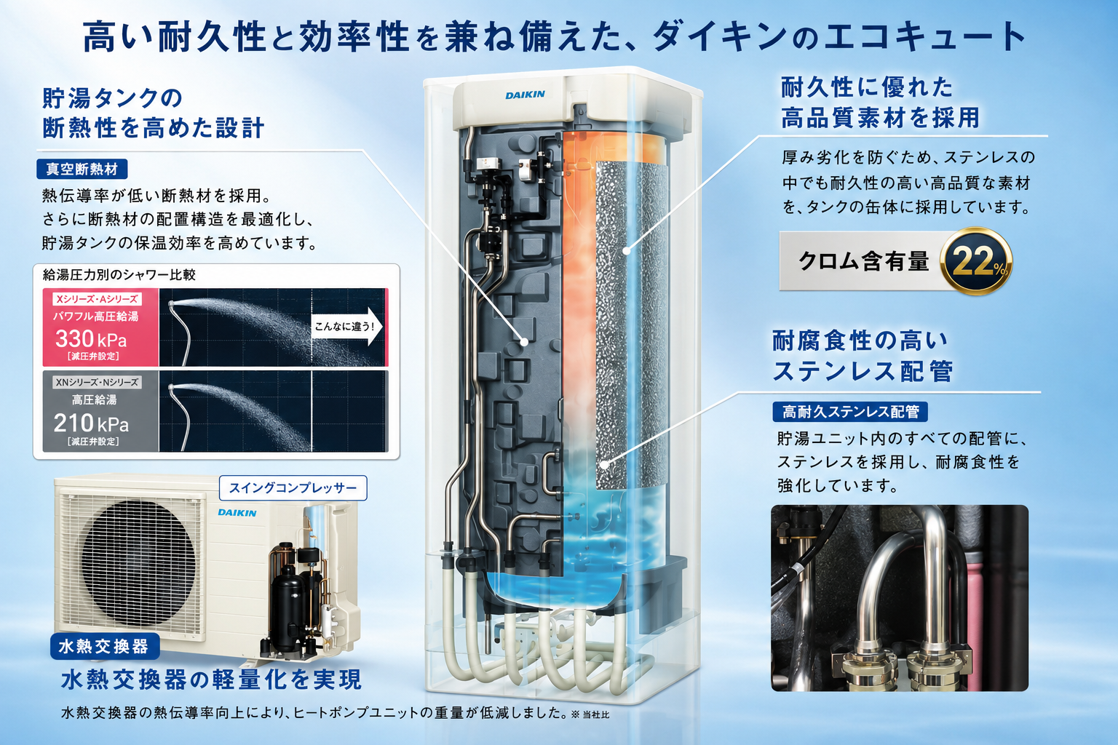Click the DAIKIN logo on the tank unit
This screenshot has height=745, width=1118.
[525, 95]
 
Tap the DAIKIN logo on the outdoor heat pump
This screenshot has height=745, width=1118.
[237, 512]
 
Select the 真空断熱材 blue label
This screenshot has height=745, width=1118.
[82, 170]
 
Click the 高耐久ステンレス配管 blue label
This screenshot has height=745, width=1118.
[850, 412]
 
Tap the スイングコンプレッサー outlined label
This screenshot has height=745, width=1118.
[293, 487]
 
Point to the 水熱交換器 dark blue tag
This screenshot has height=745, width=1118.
[104, 646]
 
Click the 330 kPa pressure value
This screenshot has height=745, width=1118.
[91, 339]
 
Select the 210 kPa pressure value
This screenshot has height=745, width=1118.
[91, 423]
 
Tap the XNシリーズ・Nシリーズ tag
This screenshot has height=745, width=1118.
[97, 382]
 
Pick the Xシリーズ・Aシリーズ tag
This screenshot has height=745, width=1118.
[97, 299]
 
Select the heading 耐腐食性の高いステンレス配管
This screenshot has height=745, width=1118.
[863, 356]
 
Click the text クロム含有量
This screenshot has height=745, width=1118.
[863, 261]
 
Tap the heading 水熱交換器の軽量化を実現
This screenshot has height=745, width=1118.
[211, 680]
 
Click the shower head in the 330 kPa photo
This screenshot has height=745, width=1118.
[171, 303]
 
